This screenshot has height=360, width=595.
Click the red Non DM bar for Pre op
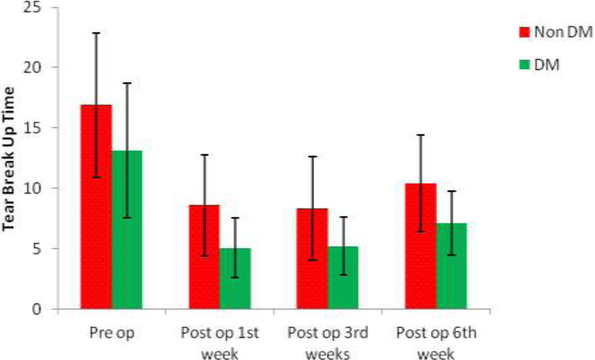[96, 206]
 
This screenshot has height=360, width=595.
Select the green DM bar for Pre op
[127, 230]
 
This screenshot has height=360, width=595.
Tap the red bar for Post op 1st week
[205, 257]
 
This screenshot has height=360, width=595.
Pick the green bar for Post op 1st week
[235, 278]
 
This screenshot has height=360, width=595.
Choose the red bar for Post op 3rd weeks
[312, 258]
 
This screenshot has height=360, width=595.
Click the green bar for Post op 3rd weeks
[343, 278]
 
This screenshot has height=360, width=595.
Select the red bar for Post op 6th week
[421, 246]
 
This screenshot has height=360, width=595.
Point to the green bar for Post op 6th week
[452, 266]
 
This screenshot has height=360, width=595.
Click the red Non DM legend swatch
[524, 32]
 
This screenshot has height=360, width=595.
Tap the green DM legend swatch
[524, 65]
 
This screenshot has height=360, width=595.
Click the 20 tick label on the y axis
[32, 67]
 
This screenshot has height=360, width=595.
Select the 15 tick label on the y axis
[32, 127]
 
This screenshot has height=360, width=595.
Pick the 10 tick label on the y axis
[32, 188]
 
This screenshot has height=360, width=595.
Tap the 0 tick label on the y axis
[36, 309]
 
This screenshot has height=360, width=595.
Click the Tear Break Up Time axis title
[8, 158]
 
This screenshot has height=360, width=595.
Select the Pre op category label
[112, 333]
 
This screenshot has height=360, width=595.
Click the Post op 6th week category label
[436, 343]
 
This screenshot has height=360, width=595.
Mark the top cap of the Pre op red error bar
[96, 33]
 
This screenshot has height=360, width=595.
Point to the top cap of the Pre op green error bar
[127, 83]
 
